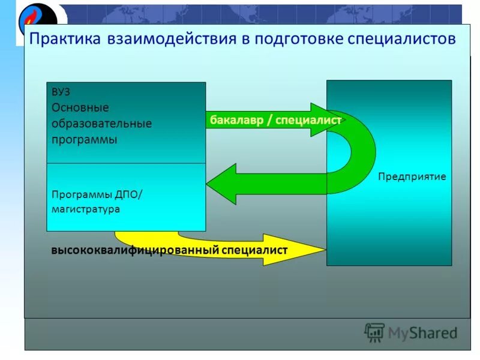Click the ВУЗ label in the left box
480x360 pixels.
click(x=61, y=92)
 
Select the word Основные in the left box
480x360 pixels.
click(x=80, y=108)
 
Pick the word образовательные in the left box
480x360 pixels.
click(x=101, y=124)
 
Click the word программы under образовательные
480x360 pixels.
click(x=84, y=139)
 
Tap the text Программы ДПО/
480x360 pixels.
click(x=98, y=194)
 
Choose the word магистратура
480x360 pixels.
click(x=85, y=209)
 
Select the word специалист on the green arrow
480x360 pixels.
click(x=308, y=120)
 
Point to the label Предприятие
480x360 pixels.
click(x=412, y=177)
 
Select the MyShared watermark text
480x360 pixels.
click(x=423, y=332)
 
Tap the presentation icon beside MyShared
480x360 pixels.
click(x=374, y=332)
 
